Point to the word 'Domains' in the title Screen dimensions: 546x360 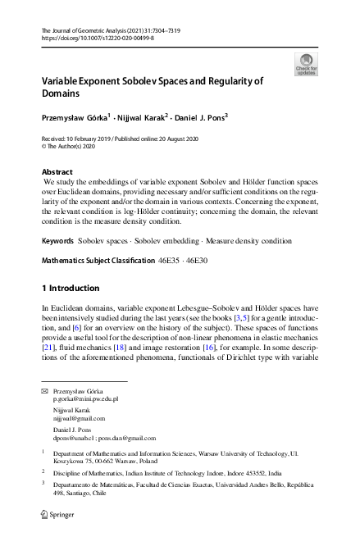click(62, 95)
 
